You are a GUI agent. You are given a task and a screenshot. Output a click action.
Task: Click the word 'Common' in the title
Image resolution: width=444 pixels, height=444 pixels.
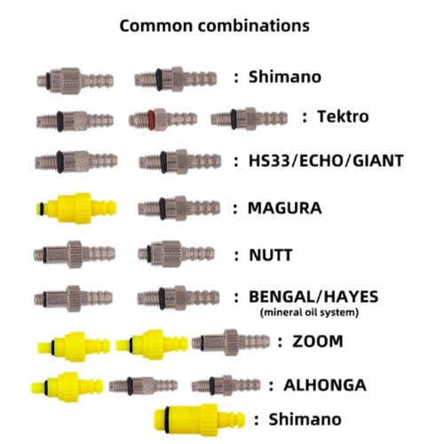pos(156,26)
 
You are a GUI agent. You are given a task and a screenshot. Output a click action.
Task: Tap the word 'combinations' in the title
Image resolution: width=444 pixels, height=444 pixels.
pos(254,26)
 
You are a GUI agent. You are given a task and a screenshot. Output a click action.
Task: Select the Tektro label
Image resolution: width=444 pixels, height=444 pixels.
pos(343,116)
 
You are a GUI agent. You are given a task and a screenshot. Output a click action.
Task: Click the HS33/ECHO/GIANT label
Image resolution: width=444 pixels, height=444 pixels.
pos(326,161)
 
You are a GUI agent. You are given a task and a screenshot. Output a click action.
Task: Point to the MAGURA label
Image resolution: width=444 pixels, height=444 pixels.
pos(284,208)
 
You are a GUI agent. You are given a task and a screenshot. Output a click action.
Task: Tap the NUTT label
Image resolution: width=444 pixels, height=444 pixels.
pos(271,255)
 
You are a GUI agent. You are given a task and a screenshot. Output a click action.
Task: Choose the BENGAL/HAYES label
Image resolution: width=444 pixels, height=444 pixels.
pos(313,297)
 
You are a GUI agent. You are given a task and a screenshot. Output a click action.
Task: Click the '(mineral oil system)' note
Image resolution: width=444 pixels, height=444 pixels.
pos(309,313)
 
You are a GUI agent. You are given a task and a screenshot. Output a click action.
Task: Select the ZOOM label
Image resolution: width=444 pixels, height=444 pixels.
pos(318,341)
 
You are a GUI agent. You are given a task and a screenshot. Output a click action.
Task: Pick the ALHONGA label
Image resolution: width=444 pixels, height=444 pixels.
pos(325,385)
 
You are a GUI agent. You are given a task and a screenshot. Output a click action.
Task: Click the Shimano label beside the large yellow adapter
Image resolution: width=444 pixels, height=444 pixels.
pos(305,419)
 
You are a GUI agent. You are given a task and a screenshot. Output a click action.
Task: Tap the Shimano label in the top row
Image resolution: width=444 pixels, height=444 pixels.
pos(285,77)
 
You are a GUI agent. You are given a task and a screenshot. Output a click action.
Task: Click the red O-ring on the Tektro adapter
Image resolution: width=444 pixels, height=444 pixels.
pos(150,119)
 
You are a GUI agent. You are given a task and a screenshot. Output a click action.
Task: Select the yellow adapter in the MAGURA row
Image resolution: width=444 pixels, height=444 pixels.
pos(76,208)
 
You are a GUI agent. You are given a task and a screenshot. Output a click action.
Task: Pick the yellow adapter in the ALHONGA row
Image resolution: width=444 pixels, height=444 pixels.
pos(67,387)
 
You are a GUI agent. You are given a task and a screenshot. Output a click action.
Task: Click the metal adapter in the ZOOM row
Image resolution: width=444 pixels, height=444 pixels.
pos(231,342)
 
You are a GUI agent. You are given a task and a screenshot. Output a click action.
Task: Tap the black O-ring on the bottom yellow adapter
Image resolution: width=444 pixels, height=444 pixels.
pos(167,418)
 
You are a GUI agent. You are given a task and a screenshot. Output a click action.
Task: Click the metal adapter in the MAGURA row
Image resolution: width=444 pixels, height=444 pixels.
pos(178,208)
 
